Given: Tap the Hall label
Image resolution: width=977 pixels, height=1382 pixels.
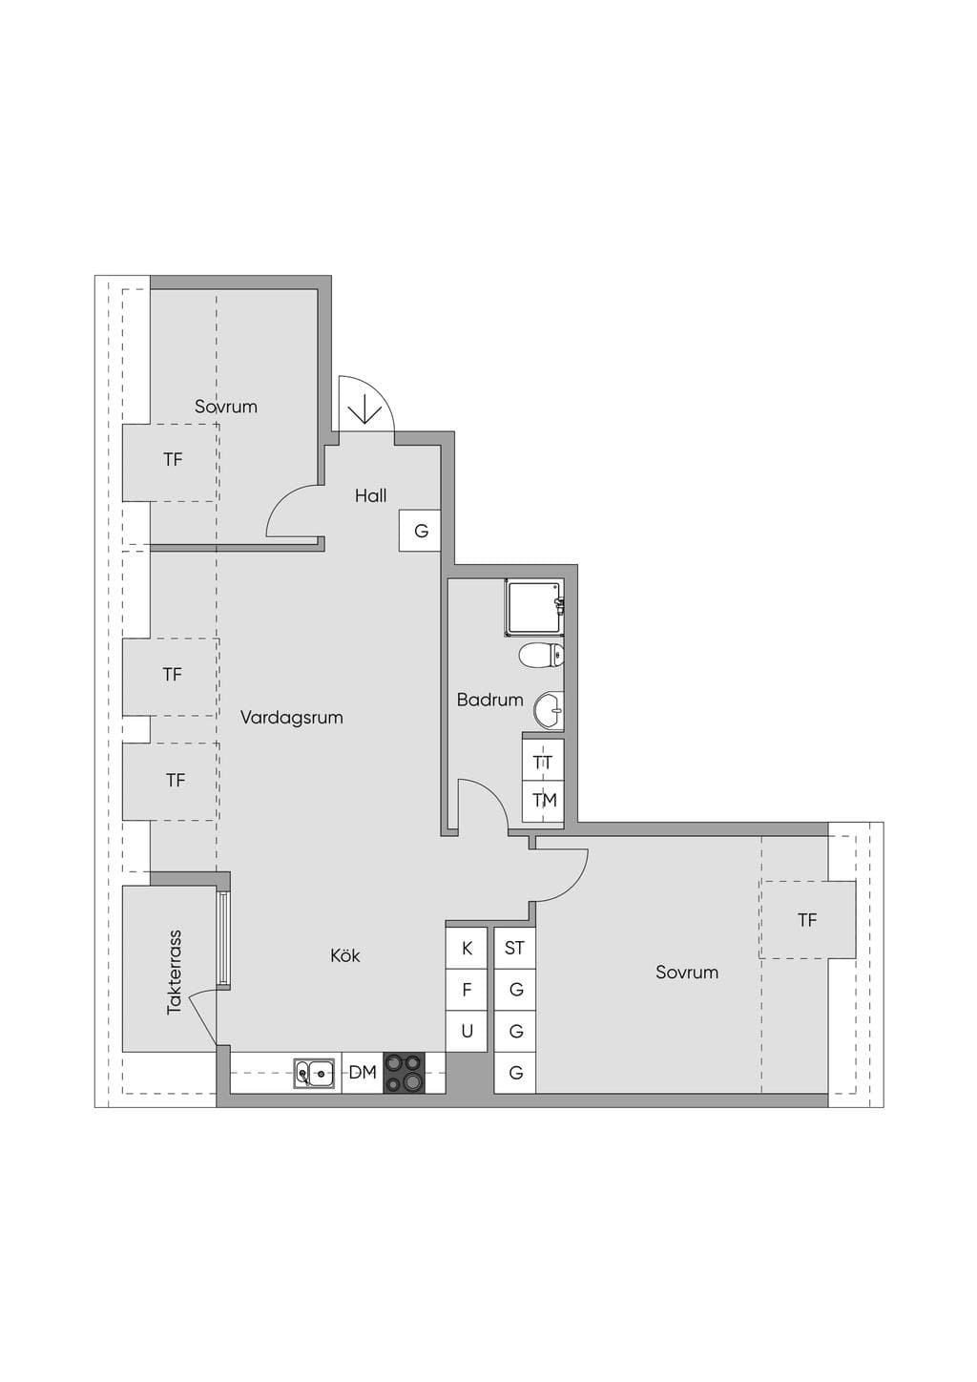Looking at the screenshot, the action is pos(371,495).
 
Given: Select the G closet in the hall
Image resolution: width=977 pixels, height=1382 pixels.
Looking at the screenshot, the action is pos(420,531).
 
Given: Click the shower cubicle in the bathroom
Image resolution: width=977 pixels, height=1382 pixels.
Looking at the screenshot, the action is pos(534,608).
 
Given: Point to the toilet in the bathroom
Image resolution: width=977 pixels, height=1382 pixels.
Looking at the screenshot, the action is pos(541,656).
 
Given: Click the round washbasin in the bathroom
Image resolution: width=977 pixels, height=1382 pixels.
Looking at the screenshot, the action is pos(549,711).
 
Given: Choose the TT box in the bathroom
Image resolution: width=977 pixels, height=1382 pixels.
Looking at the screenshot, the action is pos(544,762).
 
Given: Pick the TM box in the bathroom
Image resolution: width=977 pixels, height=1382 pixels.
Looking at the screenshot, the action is pos(544,802).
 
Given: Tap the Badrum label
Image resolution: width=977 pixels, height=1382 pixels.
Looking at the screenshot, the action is pos(489,700).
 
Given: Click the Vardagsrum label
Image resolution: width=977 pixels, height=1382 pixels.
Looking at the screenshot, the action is pos(292,718).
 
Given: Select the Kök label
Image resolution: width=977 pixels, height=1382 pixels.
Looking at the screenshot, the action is pos(344,955).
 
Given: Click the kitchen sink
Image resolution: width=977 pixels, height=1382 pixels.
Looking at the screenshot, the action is pos(315,1073).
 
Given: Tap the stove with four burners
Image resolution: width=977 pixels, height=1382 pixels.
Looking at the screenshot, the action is pos(405,1073).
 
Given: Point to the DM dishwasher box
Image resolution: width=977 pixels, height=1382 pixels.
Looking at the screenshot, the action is pos(363,1073).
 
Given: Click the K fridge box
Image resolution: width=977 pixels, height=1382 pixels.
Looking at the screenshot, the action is pos(467,948).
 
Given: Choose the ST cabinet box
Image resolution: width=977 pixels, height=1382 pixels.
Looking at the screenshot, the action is pos(515,948).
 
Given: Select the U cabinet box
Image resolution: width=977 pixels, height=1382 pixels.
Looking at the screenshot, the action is pos(467,1031).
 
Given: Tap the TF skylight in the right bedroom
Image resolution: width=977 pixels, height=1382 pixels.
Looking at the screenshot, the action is pos(807,920).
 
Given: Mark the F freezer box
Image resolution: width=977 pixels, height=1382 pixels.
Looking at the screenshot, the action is pos(467,990).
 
